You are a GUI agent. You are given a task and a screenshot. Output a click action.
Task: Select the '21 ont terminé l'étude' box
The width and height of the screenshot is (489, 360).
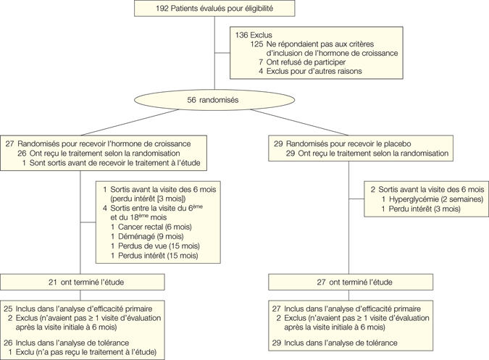click(82, 281)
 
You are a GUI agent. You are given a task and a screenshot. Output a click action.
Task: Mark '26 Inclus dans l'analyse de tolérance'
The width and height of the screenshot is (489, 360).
click(78, 343)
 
